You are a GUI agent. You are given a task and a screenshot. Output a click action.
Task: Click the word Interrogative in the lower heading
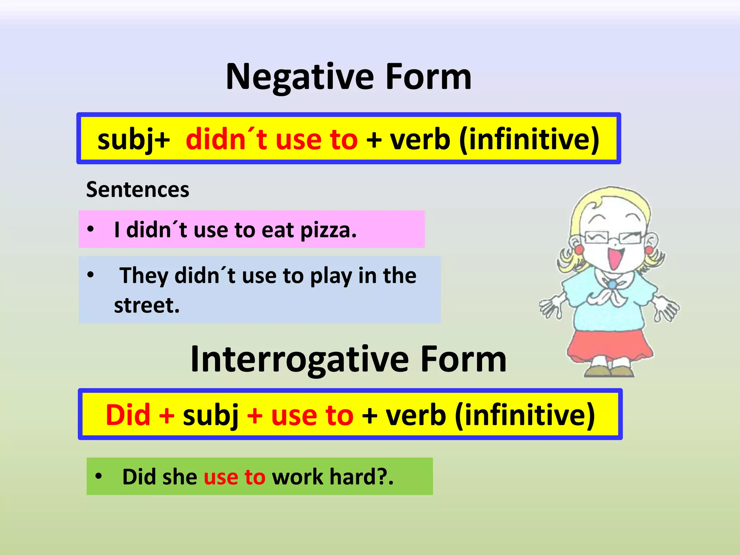tap(300, 360)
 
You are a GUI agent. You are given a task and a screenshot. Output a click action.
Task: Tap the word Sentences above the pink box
tap(137, 190)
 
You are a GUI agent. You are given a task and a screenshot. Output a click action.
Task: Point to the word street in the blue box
tap(146, 305)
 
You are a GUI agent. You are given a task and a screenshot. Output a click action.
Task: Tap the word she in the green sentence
tap(180, 477)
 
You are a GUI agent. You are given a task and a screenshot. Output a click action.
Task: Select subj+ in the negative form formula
tap(133, 139)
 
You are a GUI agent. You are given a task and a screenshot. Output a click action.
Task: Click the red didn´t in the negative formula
tap(226, 139)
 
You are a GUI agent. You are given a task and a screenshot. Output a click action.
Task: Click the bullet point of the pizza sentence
tap(90, 229)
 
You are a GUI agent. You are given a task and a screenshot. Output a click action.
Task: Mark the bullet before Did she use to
tap(98, 476)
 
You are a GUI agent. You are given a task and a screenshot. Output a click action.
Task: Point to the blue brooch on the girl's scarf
tap(612, 285)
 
